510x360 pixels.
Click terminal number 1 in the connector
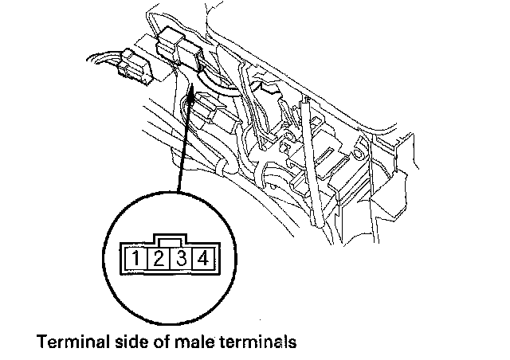coord(139,258)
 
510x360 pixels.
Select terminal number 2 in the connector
coord(159,258)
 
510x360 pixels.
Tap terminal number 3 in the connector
coord(182,258)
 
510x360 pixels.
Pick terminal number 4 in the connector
coord(203,258)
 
